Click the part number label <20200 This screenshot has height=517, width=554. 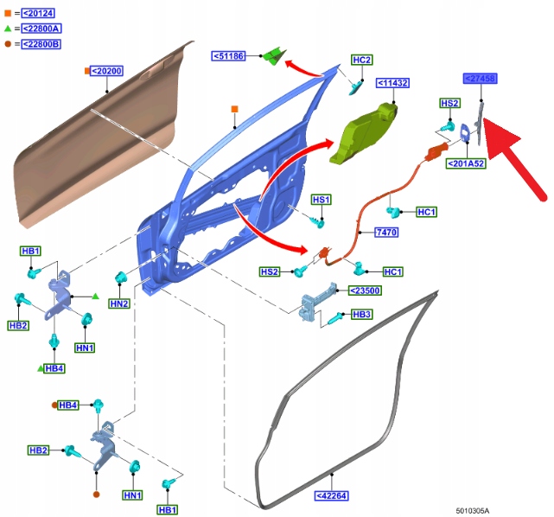click(107, 71)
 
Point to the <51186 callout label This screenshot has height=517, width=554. click(229, 56)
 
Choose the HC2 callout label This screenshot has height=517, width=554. click(362, 60)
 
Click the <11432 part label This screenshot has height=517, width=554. click(392, 83)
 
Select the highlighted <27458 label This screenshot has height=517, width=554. click(479, 79)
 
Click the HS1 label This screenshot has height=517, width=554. click(321, 200)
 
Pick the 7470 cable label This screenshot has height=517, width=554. click(386, 233)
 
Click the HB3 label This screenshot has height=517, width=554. click(362, 314)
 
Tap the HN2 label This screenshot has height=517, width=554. click(120, 303)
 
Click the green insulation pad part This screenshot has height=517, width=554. click(362, 134)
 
